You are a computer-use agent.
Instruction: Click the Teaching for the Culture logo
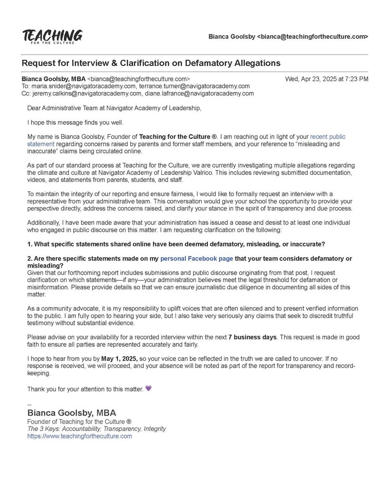pos(52,37)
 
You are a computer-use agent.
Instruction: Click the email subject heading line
pos(151,63)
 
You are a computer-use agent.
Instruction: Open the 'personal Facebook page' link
pos(196,258)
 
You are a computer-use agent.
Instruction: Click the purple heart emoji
pos(148,389)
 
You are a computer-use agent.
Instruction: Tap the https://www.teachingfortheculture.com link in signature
pos(79,436)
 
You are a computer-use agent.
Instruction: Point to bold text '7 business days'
pos(252,337)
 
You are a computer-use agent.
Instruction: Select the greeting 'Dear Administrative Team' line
pos(114,108)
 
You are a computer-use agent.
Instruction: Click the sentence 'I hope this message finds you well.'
pos(75,122)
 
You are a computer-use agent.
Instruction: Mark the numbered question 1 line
pos(176,244)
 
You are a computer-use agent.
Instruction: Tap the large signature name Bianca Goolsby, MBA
pos(72,413)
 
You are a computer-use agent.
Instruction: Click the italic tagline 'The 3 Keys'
pos(97,428)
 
